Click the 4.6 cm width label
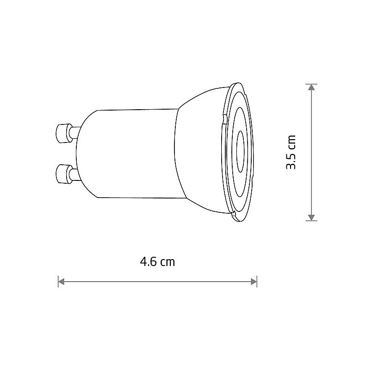(x=157, y=262)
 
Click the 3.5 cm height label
(x=291, y=152)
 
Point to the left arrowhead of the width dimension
(x=61, y=282)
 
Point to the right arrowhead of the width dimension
(x=254, y=282)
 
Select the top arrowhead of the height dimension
(x=311, y=87)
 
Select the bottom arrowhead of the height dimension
(x=311, y=217)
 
